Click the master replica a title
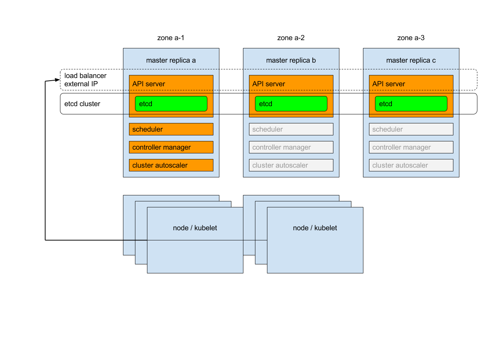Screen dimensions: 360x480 (x=171, y=60)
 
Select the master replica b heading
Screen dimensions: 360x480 (x=291, y=60)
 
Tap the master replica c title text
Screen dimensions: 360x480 (x=411, y=60)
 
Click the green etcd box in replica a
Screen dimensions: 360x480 (x=171, y=104)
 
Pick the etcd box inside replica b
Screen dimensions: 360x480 (x=291, y=104)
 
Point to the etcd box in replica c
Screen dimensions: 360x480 (x=411, y=104)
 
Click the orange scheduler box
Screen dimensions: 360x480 (x=171, y=129)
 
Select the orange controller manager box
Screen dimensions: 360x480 (x=171, y=147)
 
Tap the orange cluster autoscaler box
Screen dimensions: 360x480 (x=171, y=165)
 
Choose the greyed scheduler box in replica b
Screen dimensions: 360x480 (x=291, y=129)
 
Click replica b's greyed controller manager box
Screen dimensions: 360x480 (x=291, y=147)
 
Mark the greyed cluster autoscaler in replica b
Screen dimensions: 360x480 (x=291, y=165)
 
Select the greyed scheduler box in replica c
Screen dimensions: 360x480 (x=411, y=129)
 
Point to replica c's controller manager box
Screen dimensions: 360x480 (x=411, y=147)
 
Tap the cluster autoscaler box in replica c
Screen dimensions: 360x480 (x=411, y=165)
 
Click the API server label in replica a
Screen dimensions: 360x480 (x=149, y=84)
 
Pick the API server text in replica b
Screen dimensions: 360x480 (x=269, y=84)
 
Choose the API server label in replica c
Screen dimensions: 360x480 (x=389, y=84)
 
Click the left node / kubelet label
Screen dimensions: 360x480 (x=195, y=228)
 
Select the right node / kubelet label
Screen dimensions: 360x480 (x=315, y=228)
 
